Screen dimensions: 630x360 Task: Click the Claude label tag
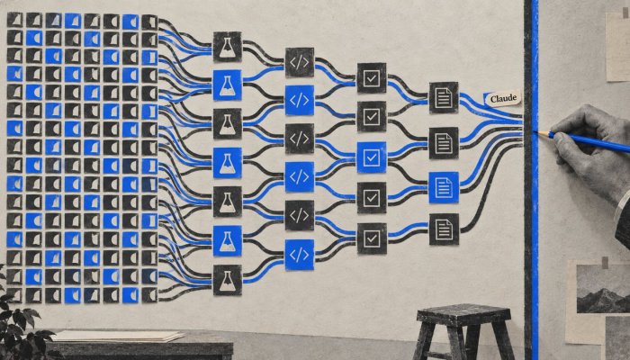coord(502,98)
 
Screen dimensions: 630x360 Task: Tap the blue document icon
coord(444,187)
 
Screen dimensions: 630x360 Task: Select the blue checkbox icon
coord(372,157)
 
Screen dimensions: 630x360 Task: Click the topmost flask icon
coord(228,47)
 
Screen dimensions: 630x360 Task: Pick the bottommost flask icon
coord(228,280)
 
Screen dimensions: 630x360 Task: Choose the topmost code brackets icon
coord(300,62)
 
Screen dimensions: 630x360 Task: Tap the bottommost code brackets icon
coord(300,255)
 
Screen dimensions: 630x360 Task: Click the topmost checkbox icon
coord(372,78)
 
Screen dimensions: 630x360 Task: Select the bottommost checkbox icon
coord(372,238)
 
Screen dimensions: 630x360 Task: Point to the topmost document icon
coord(444,97)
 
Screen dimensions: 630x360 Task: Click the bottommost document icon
coord(444,229)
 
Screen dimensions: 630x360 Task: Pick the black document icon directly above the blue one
coord(444,143)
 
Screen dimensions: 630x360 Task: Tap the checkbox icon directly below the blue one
coord(372,198)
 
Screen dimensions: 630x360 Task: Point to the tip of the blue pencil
coord(535,131)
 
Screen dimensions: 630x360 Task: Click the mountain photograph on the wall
coord(603,289)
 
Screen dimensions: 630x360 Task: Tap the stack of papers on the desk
coord(119,336)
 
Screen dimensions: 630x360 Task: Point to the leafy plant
coord(20,326)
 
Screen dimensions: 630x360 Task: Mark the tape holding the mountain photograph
coord(605,263)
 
